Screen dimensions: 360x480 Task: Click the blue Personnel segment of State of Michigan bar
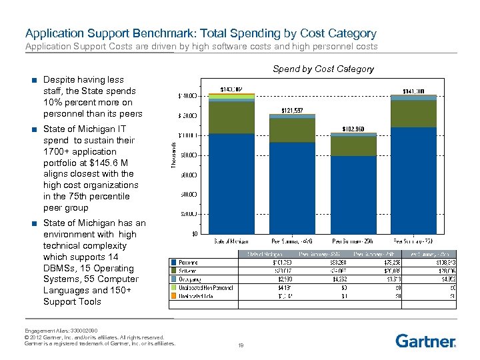coord(231,183)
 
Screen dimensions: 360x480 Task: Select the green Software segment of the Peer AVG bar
coord(292,130)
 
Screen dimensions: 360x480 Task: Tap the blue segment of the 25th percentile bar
coord(353,194)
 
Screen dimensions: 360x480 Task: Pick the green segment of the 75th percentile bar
coord(413,113)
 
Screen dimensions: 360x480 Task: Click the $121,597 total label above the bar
coord(292,110)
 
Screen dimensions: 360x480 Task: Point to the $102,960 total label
coord(353,128)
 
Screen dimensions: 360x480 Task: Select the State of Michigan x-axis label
coord(231,241)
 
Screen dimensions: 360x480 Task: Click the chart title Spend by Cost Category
coord(323,69)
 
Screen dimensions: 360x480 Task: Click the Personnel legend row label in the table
coord(192,263)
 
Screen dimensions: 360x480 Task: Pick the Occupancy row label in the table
coord(193,279)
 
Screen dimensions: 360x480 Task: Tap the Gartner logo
coord(426,341)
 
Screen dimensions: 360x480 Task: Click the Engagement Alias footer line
coord(62,331)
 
